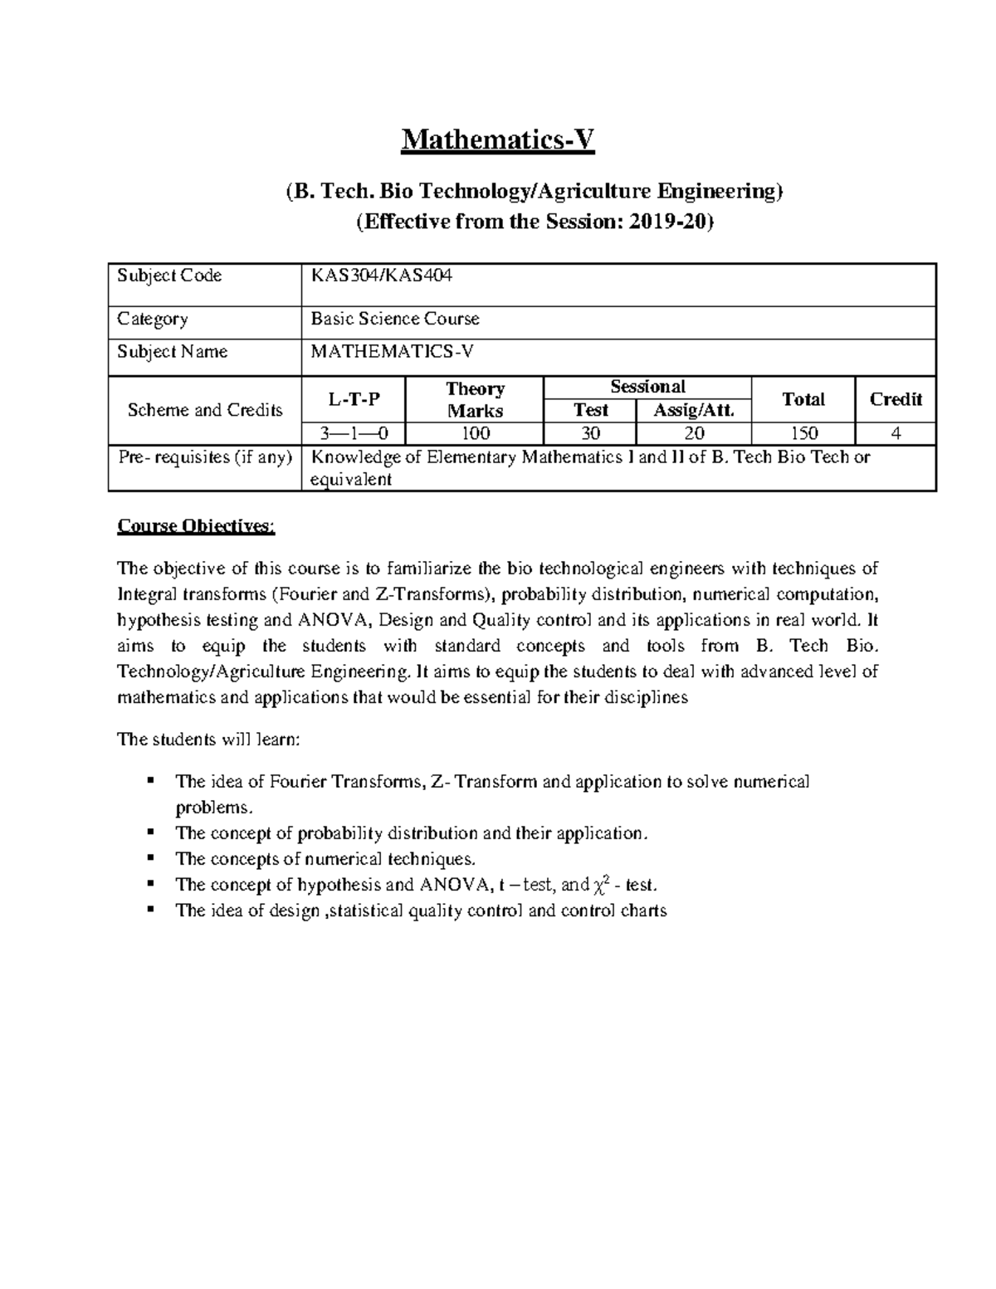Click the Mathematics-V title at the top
pos(498,140)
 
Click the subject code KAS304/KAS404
pos(381,276)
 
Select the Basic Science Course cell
pos(394,319)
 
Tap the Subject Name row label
pos(172,352)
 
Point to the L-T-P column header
pos(354,400)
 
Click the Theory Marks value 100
pos(475,433)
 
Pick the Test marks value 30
pos(590,433)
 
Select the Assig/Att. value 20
pos(694,433)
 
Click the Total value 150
pos(803,433)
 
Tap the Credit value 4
pos(895,433)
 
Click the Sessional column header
pos(647,387)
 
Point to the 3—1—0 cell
pos(354,433)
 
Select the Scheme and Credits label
pos(204,410)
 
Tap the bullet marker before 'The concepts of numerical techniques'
pos(150,858)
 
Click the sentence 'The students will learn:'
pos(208,740)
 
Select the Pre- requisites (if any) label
pos(204,457)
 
